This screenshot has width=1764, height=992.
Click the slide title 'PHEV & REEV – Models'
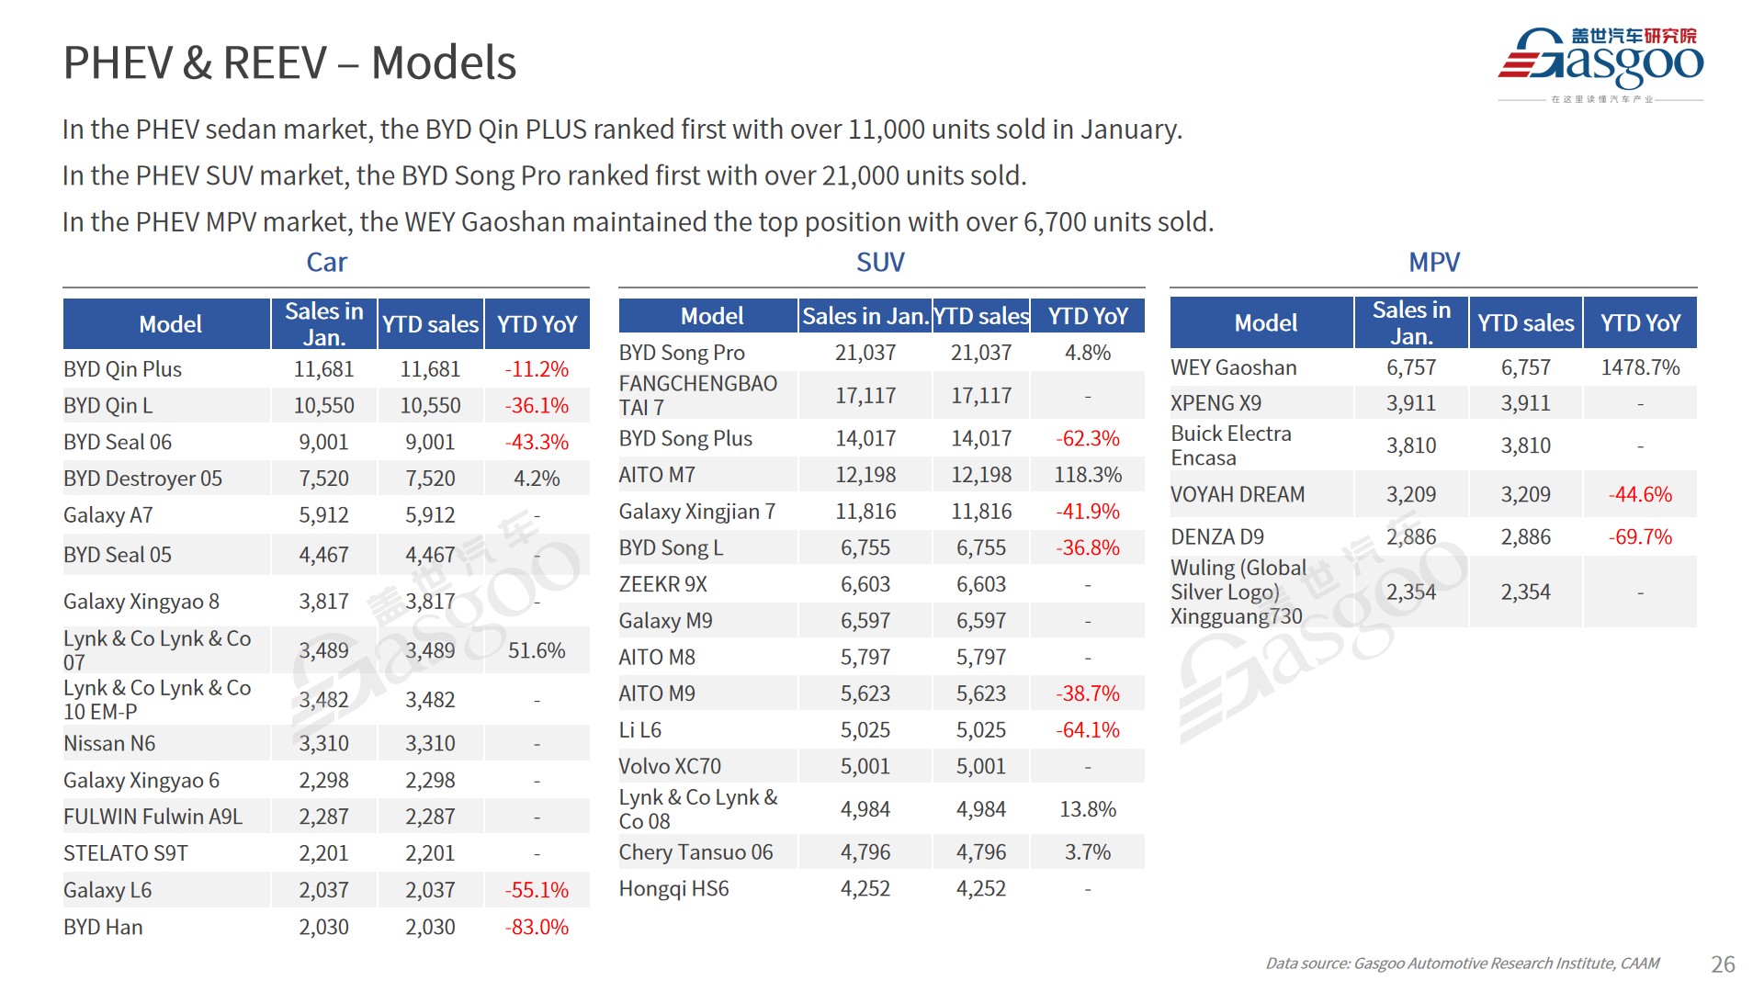pos(289,63)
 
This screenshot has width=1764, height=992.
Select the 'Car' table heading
pos(326,263)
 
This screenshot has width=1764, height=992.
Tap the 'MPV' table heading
pos(1433,263)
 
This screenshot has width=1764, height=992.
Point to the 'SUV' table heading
pos(880,263)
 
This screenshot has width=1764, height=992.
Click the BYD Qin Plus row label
pos(122,369)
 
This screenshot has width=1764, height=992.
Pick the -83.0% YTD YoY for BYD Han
pos(537,927)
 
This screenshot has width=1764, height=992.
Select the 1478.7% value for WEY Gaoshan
pos(1640,367)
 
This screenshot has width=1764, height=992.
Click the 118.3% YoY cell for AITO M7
pos(1088,475)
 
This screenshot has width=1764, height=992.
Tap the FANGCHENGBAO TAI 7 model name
pos(697,395)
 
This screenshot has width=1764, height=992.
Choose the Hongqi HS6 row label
pos(673,888)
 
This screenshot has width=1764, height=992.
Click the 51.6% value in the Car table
pos(537,650)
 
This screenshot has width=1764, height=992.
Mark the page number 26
pos(1723,964)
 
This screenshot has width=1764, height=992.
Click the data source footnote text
pos(1462,964)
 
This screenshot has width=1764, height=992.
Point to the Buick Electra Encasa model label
pos(1230,445)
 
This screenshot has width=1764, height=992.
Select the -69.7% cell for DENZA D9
pos(1640,536)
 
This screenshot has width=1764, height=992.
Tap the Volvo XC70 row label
pos(670,766)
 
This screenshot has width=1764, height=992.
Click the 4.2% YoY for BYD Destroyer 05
pos(537,479)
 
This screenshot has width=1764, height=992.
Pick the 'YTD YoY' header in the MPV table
pos(1640,323)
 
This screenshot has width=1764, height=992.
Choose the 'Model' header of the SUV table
pos(712,316)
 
